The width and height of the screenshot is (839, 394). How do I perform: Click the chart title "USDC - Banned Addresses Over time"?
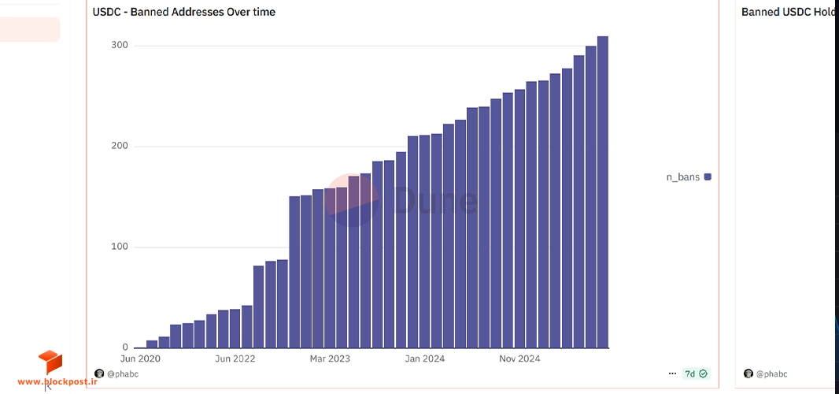point(184,12)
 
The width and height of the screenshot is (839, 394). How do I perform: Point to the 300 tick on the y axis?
point(120,46)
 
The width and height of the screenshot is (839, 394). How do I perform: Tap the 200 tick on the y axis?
point(120,147)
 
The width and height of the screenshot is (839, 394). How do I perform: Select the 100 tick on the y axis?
point(120,247)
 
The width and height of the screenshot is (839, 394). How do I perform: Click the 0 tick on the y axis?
point(125,348)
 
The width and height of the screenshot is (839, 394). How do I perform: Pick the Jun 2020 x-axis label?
point(140,359)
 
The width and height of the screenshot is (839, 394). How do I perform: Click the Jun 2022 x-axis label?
point(235,359)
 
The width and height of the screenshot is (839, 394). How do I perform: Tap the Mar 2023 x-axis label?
point(330,359)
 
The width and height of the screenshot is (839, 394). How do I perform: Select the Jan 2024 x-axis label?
point(425,359)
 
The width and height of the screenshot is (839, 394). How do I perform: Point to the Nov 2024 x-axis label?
point(519,359)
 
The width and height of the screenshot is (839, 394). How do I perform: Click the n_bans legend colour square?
point(708,177)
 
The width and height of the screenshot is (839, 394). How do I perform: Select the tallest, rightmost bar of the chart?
point(603,192)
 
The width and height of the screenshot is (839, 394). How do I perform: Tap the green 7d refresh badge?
point(696,374)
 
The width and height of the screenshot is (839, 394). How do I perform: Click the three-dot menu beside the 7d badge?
point(673,374)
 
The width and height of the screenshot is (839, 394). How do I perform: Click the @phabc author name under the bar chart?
point(123,374)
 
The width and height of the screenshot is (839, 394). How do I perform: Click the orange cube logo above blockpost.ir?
point(50,362)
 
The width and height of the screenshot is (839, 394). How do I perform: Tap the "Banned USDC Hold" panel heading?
point(789,12)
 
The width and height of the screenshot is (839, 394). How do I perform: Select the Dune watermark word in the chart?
point(435,200)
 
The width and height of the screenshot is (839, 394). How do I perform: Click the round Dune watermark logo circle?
point(352,200)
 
